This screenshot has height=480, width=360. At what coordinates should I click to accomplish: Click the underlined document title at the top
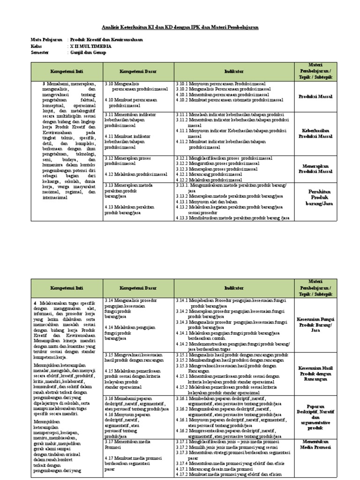180,28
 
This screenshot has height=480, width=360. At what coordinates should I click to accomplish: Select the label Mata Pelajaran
46,40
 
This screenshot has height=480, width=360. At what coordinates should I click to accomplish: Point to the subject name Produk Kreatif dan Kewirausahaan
106,40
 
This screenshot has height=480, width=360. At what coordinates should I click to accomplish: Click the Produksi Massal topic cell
315,97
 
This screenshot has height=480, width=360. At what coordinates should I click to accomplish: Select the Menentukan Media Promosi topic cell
315,444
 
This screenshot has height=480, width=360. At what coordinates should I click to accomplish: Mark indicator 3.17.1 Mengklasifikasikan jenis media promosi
227,442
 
